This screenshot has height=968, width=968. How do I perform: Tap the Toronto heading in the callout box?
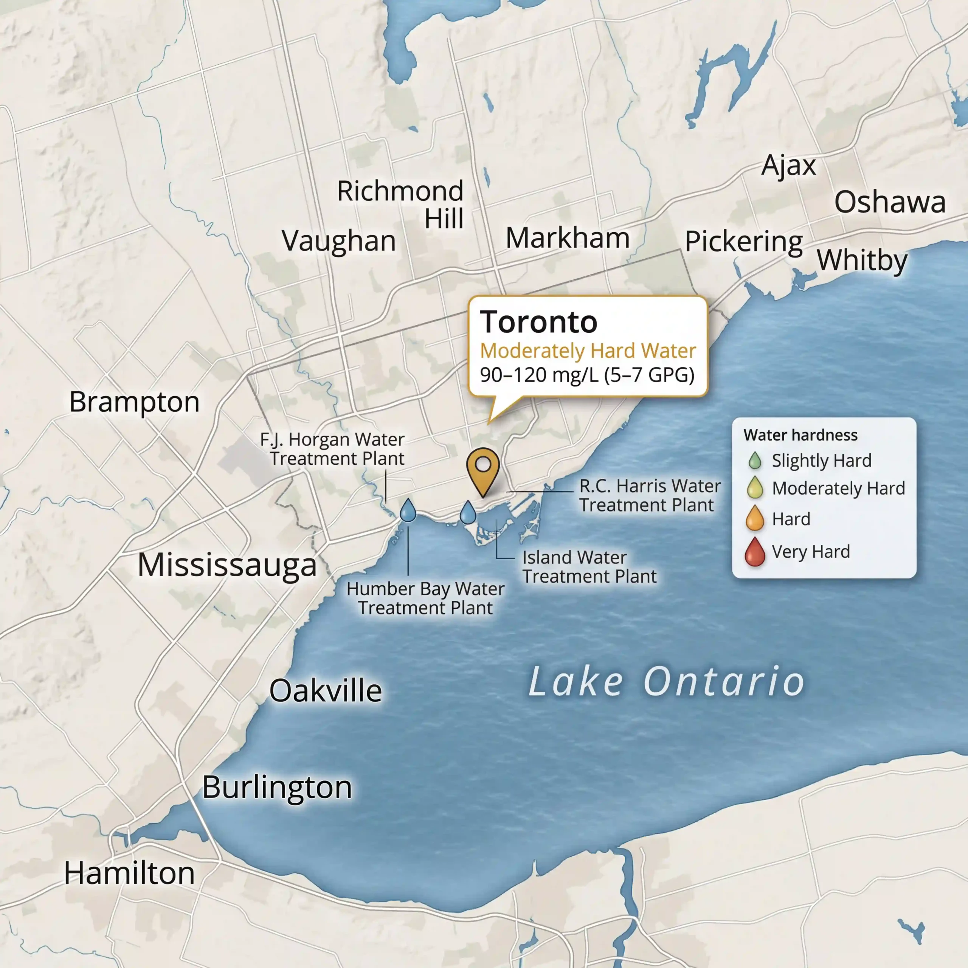538,322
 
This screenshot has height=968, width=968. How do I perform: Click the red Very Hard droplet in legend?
755,552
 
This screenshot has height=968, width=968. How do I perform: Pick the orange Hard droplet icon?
755,518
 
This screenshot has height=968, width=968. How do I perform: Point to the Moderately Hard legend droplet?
755,488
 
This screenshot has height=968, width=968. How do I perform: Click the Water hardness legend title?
800,435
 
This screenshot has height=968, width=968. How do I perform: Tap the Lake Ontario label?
666,681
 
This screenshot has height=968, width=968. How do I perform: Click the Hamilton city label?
129,873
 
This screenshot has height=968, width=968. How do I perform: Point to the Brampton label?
134,402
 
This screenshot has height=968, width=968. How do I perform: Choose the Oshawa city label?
890,202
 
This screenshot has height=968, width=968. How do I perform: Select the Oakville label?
326,691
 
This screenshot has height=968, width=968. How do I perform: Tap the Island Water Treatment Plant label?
589,567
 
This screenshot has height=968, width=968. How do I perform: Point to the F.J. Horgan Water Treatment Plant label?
333,449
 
